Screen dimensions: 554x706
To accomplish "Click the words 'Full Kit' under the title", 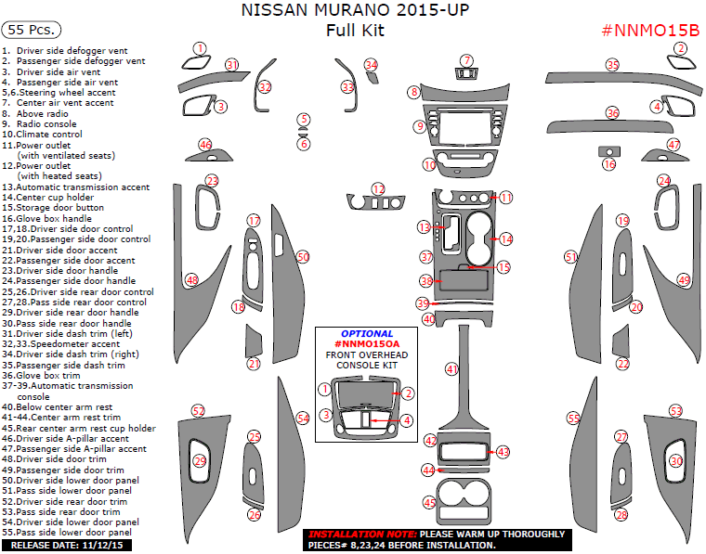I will point(354,30).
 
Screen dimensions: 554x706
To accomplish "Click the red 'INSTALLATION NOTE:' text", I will point(360,535).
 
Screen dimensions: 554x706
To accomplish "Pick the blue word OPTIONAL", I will point(366,333).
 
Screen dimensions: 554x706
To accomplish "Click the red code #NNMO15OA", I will point(366,343).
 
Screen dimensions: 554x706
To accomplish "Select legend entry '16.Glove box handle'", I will point(59,218).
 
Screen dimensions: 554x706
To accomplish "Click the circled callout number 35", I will point(612,65).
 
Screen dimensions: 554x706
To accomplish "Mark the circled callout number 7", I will point(467,60).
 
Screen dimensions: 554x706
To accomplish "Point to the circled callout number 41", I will point(451,369).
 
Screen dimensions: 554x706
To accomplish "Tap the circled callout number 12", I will point(378,189).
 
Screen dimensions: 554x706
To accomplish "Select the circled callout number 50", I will point(302,256).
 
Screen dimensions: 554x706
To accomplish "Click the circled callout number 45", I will point(429,502).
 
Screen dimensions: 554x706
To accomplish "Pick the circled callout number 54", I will point(302,419).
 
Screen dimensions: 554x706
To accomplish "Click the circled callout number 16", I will point(609,164).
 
